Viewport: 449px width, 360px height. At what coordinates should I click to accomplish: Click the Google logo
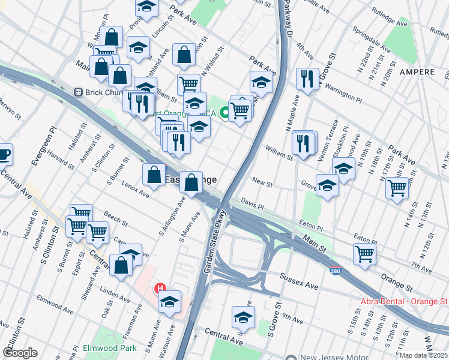point(20,353)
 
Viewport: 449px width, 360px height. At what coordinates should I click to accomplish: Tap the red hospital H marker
point(160,289)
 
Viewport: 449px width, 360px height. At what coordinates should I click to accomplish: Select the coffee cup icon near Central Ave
point(4,154)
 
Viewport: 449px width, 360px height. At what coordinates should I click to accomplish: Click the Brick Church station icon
point(77,92)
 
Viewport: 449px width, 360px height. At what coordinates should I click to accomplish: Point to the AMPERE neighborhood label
point(414,72)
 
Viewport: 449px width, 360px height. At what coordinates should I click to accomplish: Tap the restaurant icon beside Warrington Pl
point(307,78)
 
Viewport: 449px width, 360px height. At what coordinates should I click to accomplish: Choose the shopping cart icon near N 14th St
point(397,187)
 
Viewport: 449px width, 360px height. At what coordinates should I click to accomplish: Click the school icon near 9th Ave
point(243,316)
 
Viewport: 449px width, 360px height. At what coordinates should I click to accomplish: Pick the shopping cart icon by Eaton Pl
point(364,253)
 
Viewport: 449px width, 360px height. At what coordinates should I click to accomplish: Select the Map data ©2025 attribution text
point(423,355)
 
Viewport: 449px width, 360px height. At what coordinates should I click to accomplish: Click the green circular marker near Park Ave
point(224,111)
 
